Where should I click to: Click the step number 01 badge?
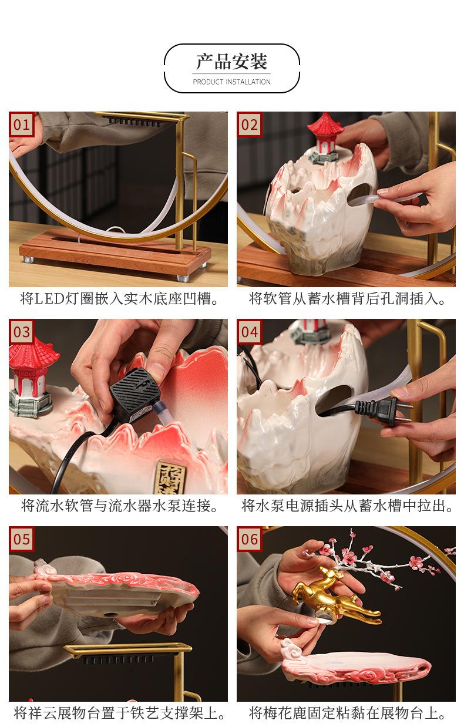point(21,124)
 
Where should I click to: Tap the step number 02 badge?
point(249,124)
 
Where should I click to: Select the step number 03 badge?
point(21,332)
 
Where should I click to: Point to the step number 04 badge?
point(249,332)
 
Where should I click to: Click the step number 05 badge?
point(21,538)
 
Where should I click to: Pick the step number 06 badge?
point(249,538)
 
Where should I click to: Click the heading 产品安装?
point(231,61)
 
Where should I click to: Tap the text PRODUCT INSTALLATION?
point(231,82)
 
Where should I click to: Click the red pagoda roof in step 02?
point(325,124)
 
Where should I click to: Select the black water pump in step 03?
point(136,395)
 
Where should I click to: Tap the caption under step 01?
point(119,298)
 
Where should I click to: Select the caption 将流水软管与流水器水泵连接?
point(119,506)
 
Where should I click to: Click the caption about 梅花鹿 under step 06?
point(347,713)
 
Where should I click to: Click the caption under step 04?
point(347,506)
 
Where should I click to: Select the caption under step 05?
point(119,713)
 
